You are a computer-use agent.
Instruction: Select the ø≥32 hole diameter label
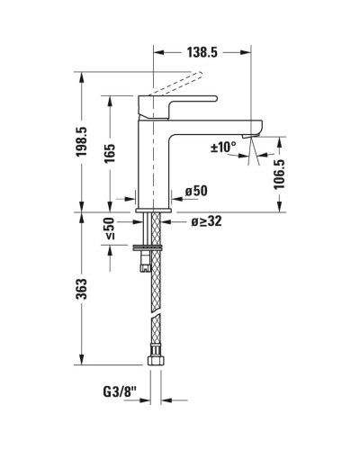[206, 221]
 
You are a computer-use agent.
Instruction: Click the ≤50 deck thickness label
[109, 230]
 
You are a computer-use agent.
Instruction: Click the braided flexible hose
[150, 306]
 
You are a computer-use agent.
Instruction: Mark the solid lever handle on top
[180, 104]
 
